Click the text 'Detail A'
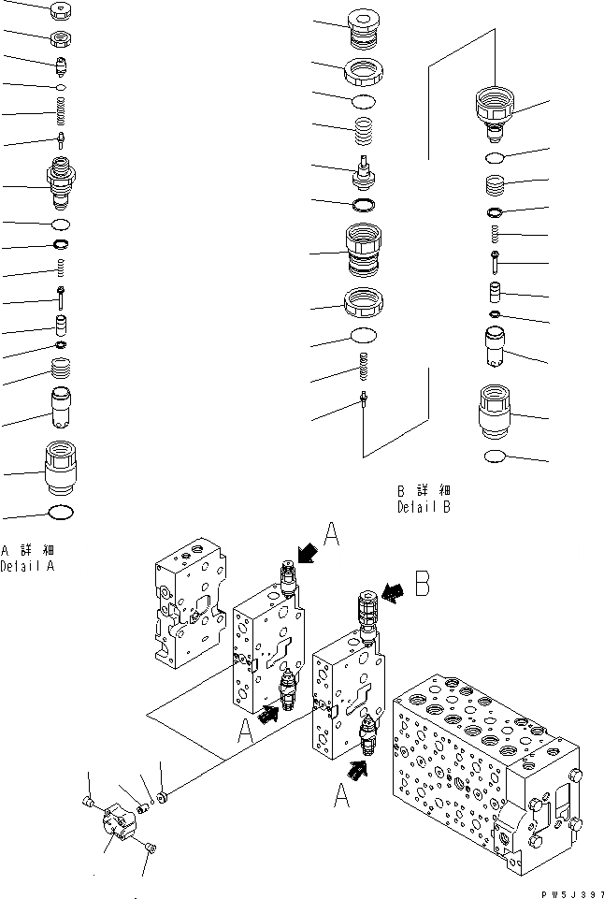pyautogui.click(x=27, y=566)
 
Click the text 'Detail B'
pyautogui.click(x=424, y=508)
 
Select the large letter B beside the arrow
pyautogui.click(x=423, y=584)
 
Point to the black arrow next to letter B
pyautogui.click(x=395, y=590)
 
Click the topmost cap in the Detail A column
pyautogui.click(x=61, y=12)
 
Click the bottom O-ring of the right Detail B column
pyautogui.click(x=503, y=456)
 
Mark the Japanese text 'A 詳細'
pyautogui.click(x=27, y=550)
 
